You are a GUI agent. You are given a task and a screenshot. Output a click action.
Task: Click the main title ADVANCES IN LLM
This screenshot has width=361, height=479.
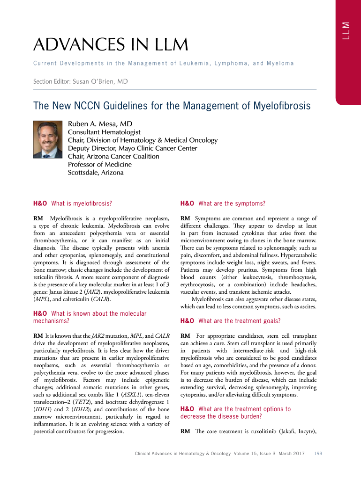click(x=110, y=45)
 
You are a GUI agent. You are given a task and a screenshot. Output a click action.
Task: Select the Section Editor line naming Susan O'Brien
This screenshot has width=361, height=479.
click(x=80, y=81)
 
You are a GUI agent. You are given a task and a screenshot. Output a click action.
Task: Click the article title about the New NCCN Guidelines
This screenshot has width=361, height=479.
click(x=172, y=106)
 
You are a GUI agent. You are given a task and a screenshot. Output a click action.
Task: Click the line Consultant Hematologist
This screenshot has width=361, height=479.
click(x=104, y=132)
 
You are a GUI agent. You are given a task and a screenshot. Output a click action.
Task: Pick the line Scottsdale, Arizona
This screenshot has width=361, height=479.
click(x=96, y=173)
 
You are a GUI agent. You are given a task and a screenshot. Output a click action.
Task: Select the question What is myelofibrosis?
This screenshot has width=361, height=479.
click(x=73, y=203)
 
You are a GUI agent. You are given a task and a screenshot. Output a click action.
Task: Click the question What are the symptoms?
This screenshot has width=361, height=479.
click(x=223, y=203)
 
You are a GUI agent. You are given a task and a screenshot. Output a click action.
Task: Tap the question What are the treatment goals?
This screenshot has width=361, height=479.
click(x=231, y=321)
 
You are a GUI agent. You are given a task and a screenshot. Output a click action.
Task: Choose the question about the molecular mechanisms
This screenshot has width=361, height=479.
click(x=90, y=317)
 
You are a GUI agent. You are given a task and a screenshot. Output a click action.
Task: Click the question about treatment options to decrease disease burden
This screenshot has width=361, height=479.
click(x=236, y=413)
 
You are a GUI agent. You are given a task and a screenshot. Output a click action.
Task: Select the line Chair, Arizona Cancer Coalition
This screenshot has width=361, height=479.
click(x=113, y=156)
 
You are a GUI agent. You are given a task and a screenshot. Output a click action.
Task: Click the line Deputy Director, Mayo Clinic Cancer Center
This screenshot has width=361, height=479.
click(x=133, y=148)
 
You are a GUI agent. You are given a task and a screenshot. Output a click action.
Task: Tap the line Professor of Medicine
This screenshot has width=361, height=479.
click(x=100, y=164)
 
